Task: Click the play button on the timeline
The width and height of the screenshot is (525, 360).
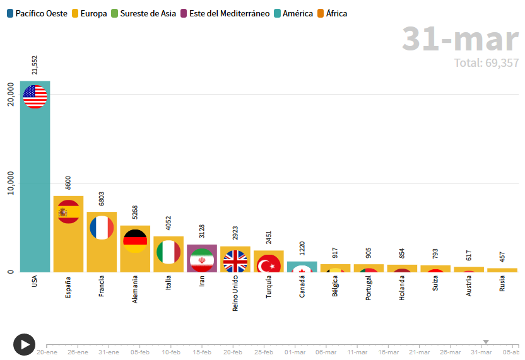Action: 24,344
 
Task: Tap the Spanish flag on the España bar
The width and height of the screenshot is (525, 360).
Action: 68,212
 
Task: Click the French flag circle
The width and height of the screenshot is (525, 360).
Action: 102,228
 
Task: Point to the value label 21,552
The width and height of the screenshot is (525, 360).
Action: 35,65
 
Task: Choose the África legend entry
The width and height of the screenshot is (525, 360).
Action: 332,13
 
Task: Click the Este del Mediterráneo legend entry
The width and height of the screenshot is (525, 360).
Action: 225,13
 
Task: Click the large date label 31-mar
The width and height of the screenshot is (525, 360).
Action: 460,39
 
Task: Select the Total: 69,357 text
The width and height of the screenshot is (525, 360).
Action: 486,63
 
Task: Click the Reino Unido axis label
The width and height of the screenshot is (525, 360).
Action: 235,294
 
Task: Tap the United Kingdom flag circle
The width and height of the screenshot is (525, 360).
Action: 235,261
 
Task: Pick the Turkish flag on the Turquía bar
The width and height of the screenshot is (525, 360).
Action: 269,264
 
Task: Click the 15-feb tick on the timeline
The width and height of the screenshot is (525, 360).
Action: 202,352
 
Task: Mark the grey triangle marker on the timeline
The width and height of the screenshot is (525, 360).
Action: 486,342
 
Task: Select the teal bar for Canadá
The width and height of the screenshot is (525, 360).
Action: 302,267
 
